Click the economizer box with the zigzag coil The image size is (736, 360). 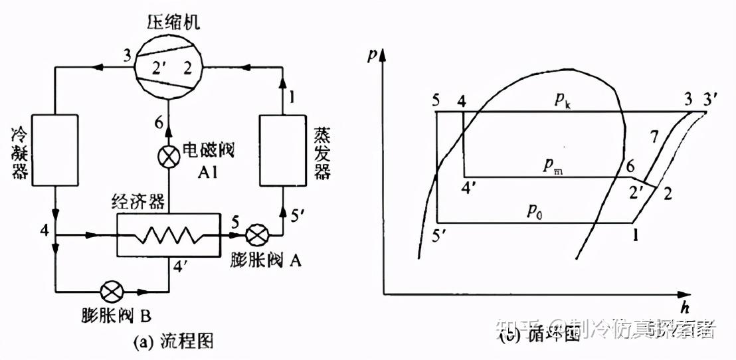167,234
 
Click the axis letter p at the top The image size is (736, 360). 372,56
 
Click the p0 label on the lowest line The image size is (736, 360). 535,211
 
